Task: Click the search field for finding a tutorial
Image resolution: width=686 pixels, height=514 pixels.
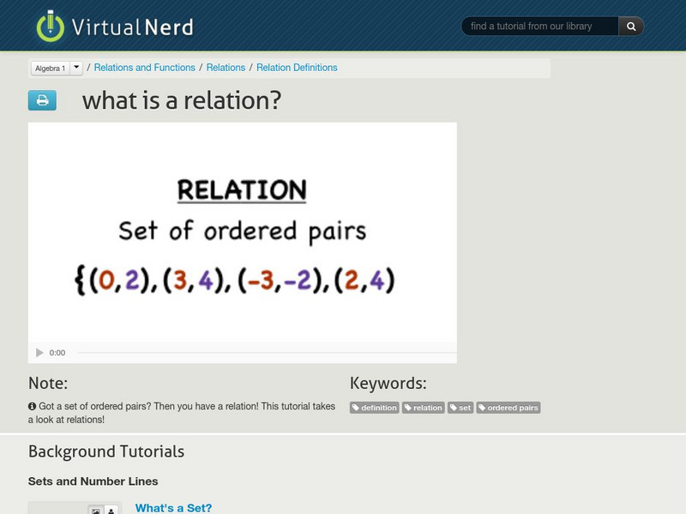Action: pos(540,27)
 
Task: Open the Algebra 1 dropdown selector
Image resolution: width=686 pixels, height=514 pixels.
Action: pos(57,68)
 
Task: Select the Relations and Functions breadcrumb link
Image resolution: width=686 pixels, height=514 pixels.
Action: pos(144,68)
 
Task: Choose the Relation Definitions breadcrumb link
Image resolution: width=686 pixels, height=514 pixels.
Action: pos(297,68)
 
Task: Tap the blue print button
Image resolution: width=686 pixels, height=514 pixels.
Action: pos(42,101)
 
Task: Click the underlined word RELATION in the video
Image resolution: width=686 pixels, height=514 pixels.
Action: pos(242,190)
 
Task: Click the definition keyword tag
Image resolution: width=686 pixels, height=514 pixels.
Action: pos(375,408)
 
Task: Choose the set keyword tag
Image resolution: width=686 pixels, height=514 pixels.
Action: pos(461,408)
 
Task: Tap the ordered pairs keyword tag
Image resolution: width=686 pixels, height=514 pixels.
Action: pos(508,408)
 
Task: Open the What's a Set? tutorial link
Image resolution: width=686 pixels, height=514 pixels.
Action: pos(173,508)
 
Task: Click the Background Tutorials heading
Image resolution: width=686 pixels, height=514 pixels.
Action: pos(106,451)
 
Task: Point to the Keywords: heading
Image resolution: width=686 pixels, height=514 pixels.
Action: pos(388,383)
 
